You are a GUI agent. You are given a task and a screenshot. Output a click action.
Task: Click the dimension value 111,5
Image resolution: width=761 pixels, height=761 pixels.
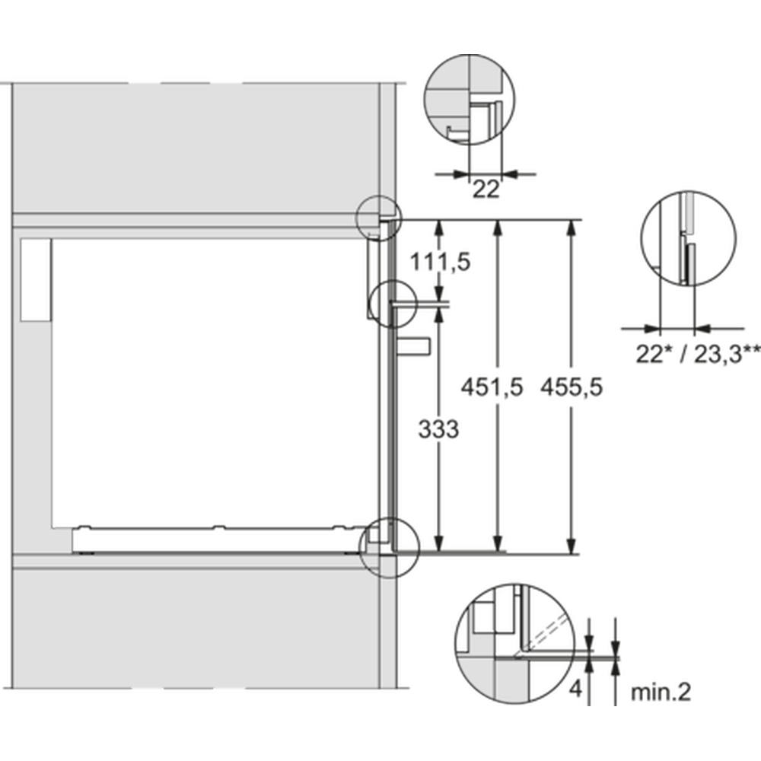(x=440, y=263)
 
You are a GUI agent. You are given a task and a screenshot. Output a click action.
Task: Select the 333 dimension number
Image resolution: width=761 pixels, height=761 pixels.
(x=438, y=429)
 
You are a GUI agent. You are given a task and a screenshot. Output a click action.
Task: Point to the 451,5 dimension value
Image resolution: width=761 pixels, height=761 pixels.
(x=492, y=387)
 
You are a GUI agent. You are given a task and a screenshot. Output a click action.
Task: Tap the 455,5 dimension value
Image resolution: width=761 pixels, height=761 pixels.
(x=572, y=387)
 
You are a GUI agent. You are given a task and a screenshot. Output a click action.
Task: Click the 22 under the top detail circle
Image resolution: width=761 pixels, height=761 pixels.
(x=486, y=189)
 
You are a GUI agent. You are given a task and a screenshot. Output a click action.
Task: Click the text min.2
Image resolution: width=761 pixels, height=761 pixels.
(x=661, y=692)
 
